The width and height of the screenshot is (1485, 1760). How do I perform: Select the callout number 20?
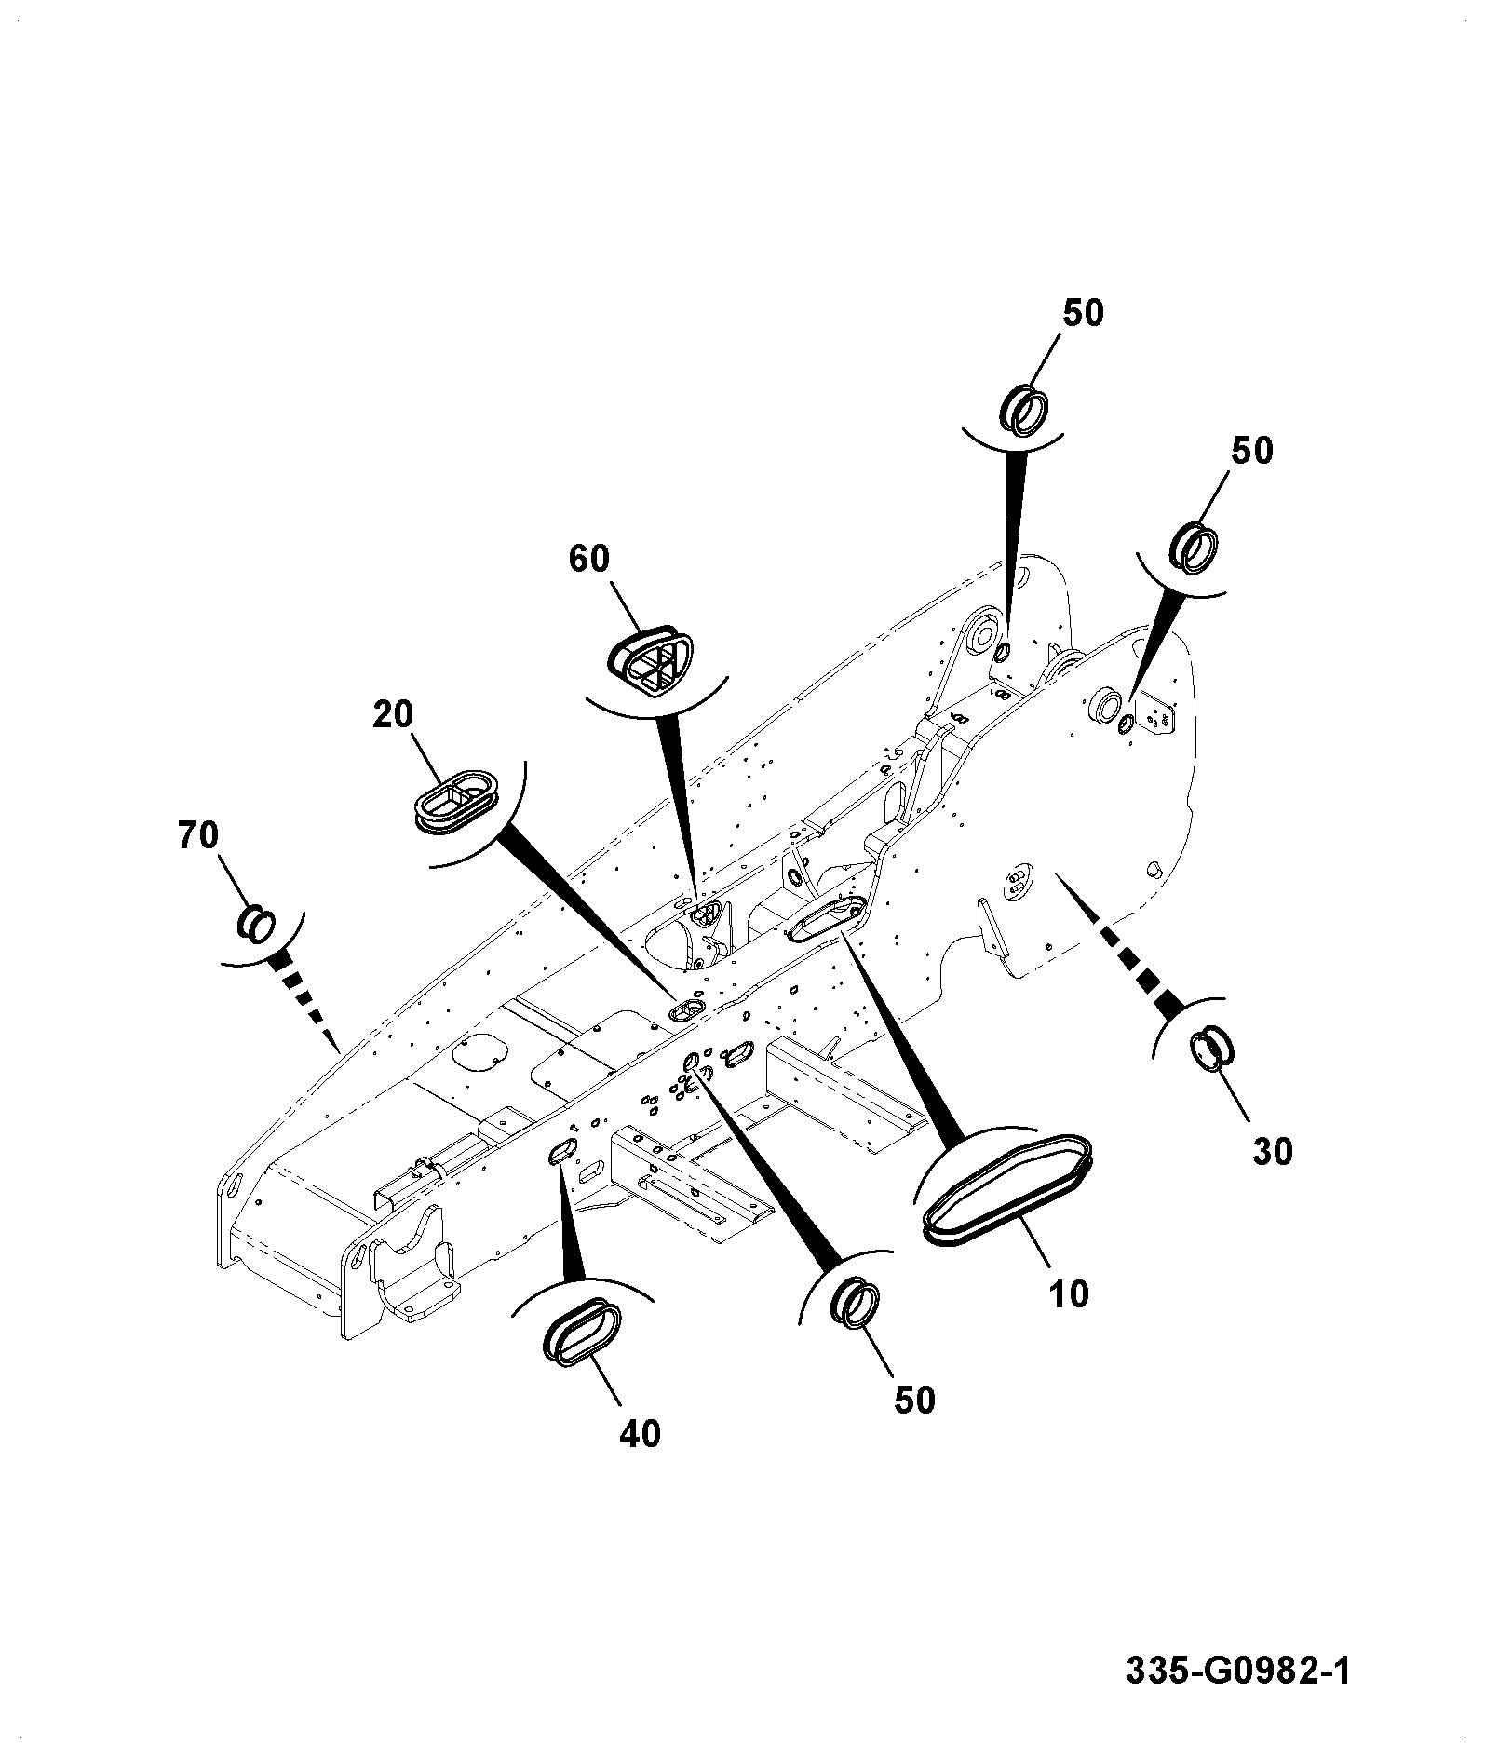tap(393, 714)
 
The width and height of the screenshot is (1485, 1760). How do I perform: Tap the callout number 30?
tap(1273, 1152)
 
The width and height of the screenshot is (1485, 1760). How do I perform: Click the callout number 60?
tap(588, 558)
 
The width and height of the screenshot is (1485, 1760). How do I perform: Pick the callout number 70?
tap(198, 835)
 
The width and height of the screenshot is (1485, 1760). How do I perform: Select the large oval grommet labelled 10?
tap(1006, 1189)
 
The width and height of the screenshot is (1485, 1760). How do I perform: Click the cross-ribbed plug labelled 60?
tap(652, 660)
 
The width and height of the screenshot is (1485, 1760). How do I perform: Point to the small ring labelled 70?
tap(256, 922)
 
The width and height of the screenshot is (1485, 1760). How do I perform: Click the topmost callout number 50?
tap(1083, 313)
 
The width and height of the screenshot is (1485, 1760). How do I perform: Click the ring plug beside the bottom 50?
tap(855, 1301)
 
